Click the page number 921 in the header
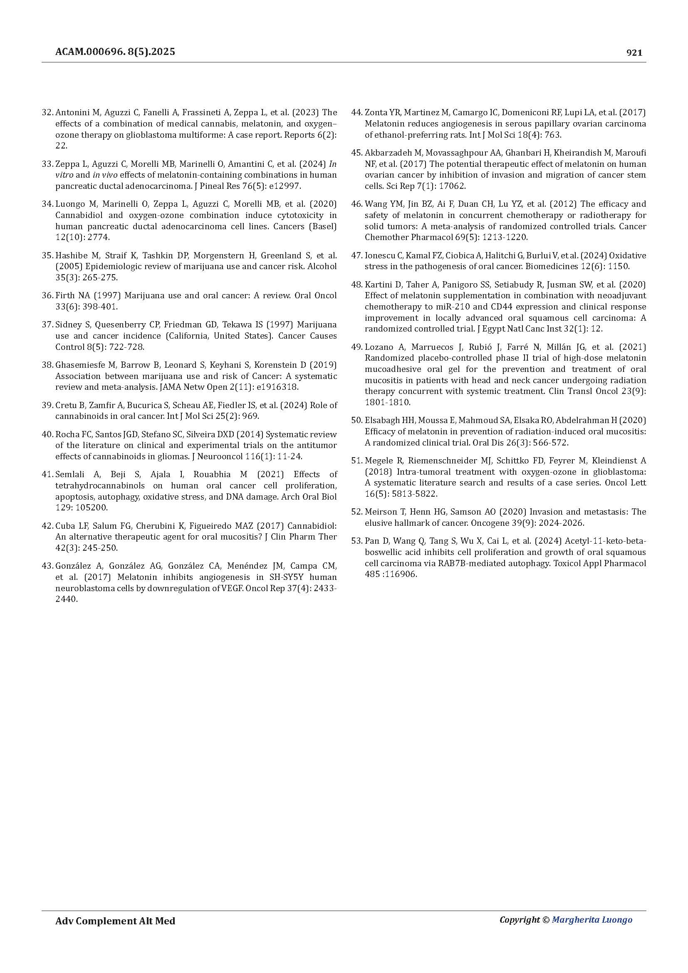pyautogui.click(x=634, y=52)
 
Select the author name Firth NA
pyautogui.click(x=70, y=295)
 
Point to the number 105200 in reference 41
pyautogui.click(x=70, y=507)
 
